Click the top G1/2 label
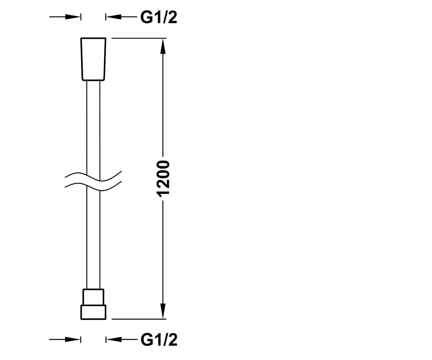(x=159, y=17)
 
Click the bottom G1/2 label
(x=159, y=339)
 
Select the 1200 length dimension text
(x=163, y=179)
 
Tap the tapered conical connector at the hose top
(x=93, y=59)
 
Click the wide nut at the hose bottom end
(x=93, y=312)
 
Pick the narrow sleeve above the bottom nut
(x=93, y=297)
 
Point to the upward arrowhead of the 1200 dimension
(x=163, y=46)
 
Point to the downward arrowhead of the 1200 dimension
(x=163, y=311)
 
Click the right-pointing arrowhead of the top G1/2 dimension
(x=73, y=17)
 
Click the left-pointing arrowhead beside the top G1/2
(x=113, y=17)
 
